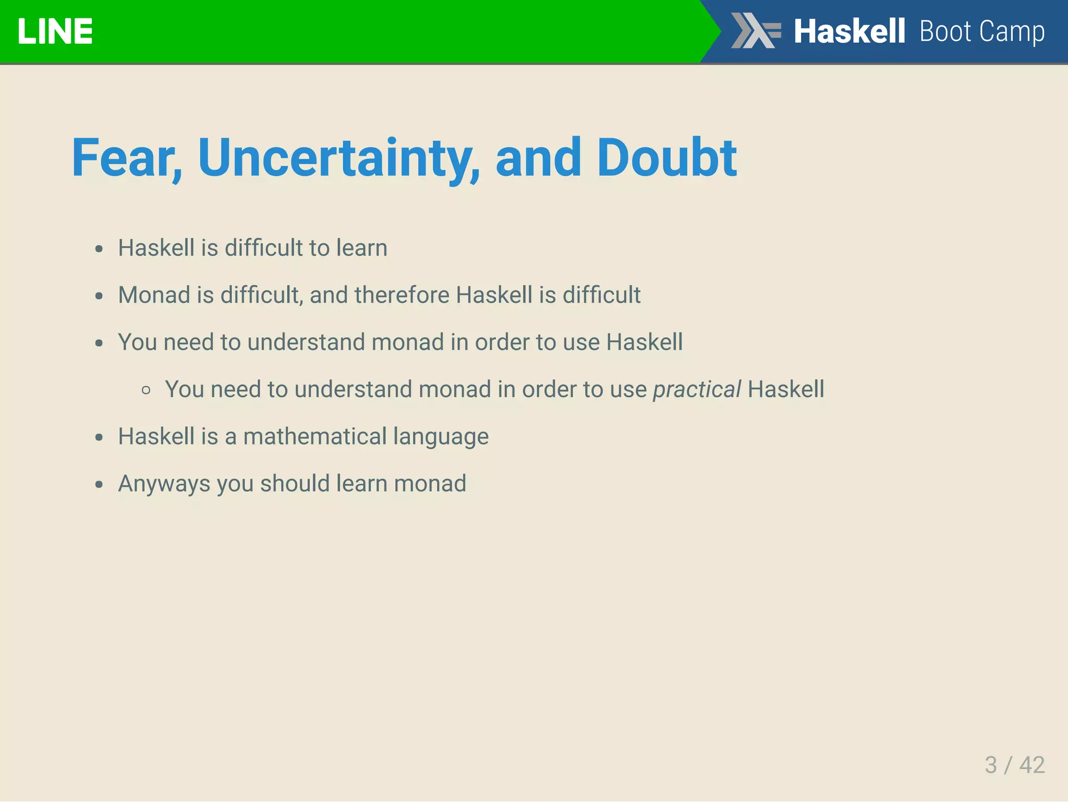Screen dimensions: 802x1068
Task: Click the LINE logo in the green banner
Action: [x=55, y=31]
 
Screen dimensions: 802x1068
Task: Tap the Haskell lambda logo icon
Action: [x=755, y=31]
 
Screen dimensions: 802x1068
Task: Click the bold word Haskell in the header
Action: [x=849, y=31]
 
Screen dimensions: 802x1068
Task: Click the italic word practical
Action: [x=697, y=389]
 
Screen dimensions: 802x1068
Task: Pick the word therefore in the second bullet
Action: [x=402, y=295]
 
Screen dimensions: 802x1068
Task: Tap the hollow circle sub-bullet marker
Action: [x=146, y=390]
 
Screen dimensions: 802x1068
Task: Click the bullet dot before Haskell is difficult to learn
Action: [x=99, y=248]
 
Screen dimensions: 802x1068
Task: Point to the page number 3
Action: [x=990, y=765]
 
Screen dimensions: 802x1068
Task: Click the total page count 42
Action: [x=1032, y=765]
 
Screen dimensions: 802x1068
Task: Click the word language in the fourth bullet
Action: [x=441, y=437]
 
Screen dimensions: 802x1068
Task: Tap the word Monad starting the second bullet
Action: [x=154, y=295]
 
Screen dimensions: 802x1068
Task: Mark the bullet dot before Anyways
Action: [x=99, y=484]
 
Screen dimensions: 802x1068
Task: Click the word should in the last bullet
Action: [x=295, y=484]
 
